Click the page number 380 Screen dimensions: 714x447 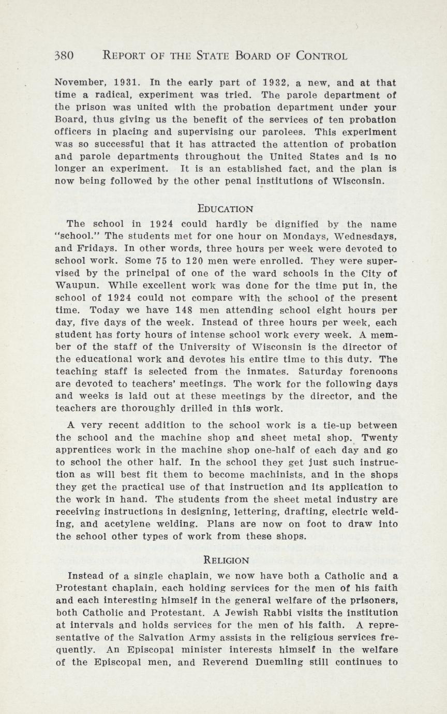point(65,56)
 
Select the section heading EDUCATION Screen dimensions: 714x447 point(226,209)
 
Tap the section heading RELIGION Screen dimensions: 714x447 point(227,560)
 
